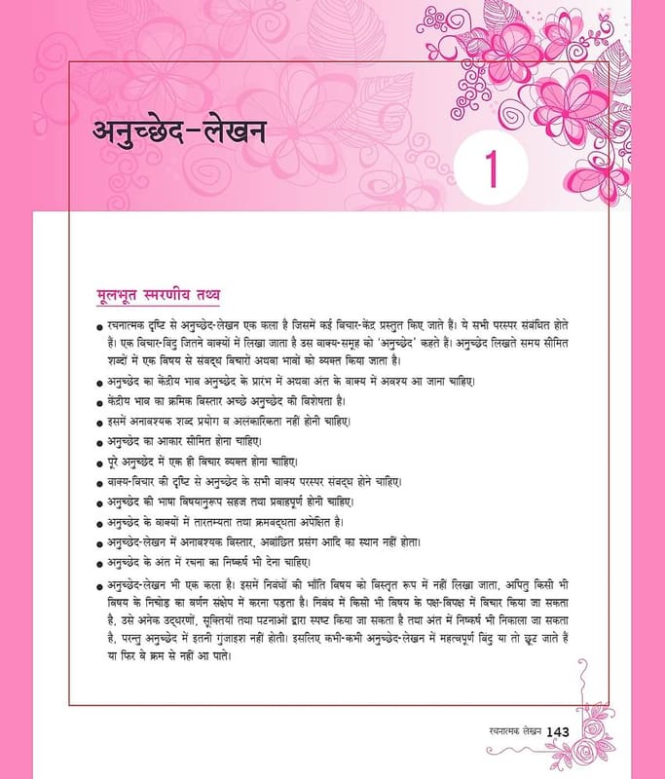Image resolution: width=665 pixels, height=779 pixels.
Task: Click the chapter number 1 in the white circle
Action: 499,167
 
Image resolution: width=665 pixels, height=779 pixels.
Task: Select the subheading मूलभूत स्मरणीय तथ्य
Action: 151,293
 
